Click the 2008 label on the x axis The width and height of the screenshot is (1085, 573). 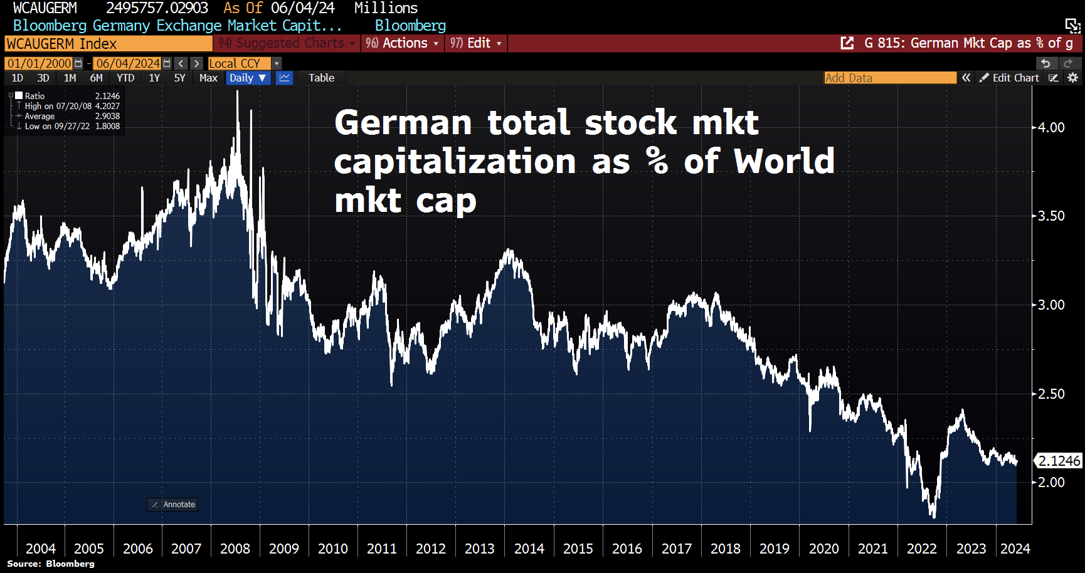pos(235,549)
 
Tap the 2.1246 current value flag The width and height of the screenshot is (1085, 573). pos(1059,461)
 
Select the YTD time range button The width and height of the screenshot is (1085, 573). pos(125,78)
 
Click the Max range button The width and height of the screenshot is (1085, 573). pos(208,78)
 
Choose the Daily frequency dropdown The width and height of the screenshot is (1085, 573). pos(247,78)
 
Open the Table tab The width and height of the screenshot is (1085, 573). pos(321,78)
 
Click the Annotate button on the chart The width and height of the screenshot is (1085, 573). pos(173,504)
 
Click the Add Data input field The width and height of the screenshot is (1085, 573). pos(889,78)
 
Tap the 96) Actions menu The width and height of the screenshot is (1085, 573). pos(401,43)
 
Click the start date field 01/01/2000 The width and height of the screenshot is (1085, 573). pos(39,63)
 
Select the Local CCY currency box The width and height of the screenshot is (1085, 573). pos(239,63)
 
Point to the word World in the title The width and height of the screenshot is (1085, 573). pos(784,161)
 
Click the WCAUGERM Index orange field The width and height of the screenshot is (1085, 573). pos(108,43)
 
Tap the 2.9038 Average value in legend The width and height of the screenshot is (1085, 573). pos(107,116)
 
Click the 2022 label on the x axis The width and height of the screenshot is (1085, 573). pos(921,549)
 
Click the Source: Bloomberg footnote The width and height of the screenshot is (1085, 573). pos(51,564)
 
